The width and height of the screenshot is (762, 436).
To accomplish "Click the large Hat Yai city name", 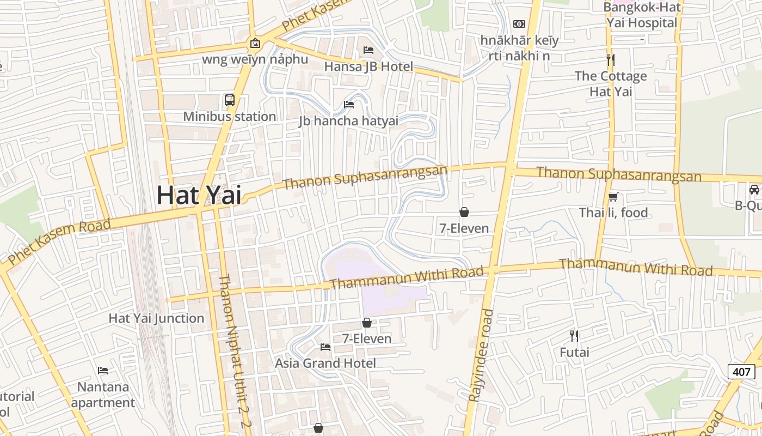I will tap(199, 196).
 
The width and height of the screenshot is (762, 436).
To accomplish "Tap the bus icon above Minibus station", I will tap(230, 100).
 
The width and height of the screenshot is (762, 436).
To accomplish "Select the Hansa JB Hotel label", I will tap(368, 66).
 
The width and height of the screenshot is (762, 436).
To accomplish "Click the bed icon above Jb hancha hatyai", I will tap(349, 104).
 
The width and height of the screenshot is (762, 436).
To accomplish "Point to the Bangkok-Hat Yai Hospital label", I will tap(642, 15).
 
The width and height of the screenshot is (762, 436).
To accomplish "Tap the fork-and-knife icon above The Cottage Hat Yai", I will tap(611, 59).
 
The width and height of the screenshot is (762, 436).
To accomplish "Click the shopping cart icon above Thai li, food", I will tap(613, 197).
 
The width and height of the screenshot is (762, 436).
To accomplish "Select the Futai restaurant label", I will tap(574, 352).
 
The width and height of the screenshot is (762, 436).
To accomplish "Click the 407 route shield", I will tap(741, 372).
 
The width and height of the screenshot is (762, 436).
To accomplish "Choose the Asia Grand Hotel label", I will tap(325, 363).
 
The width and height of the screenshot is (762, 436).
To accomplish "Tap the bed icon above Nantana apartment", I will tap(103, 371).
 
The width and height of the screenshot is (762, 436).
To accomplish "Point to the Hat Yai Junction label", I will tap(156, 318).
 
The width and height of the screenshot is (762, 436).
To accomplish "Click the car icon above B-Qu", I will tap(754, 189).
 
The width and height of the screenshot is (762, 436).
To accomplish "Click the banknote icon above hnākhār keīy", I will tap(519, 24).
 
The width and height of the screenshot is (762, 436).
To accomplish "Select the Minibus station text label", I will tap(229, 117).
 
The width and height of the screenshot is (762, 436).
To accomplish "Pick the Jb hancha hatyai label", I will tap(348, 121).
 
